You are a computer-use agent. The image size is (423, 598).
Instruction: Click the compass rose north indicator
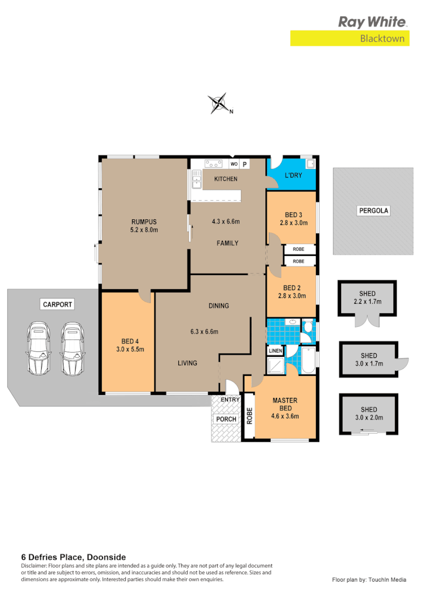219,104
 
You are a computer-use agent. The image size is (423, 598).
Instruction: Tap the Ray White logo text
372,22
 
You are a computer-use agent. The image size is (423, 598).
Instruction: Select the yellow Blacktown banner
349,38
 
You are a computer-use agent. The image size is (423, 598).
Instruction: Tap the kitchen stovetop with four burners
213,165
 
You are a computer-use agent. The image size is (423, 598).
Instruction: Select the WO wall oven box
234,165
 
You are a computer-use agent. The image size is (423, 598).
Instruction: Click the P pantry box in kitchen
245,165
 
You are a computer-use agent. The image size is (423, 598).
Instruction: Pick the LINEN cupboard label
275,351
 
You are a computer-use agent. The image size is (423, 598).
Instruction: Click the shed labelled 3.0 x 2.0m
369,414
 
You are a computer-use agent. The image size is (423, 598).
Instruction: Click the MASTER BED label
285,404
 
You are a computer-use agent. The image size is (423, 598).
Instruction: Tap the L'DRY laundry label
293,176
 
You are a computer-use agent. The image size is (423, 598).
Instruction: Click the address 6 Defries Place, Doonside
73,557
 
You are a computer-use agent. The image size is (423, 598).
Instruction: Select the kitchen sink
196,182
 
